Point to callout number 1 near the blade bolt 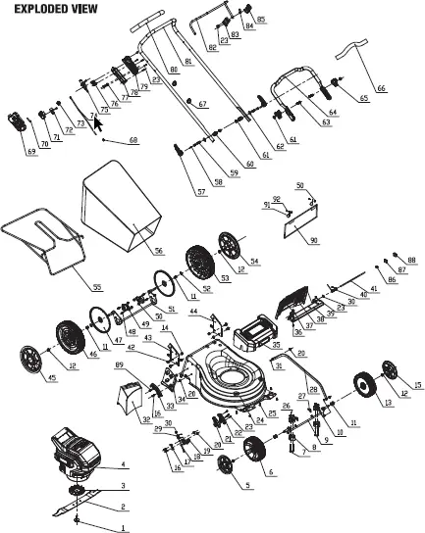(123, 529)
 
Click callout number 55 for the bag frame (96, 287)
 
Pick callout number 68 (133, 141)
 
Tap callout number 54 (254, 262)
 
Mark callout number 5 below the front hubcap (247, 484)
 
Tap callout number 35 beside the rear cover (277, 346)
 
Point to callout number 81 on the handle (188, 62)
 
